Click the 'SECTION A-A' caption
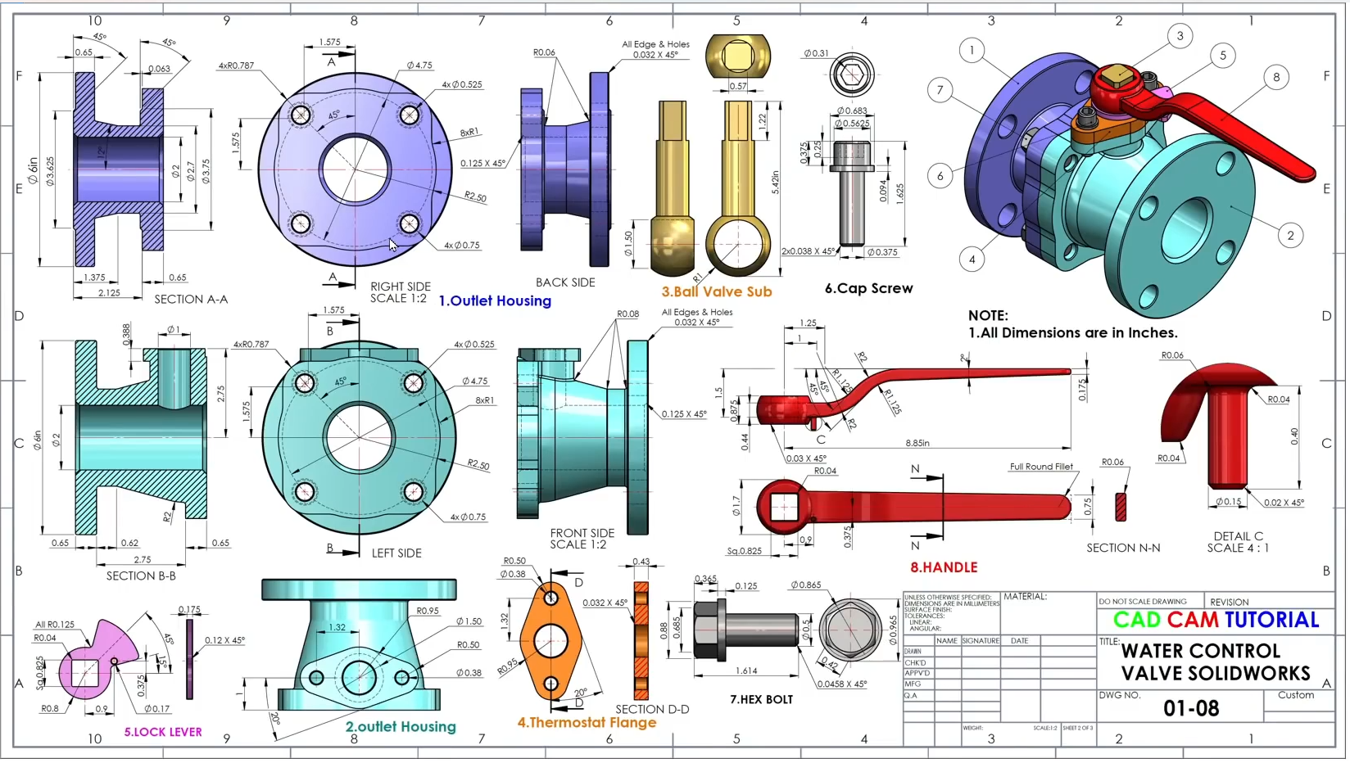192,300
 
